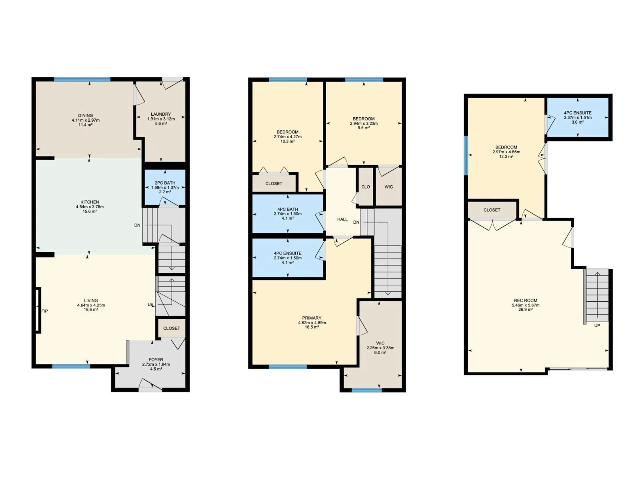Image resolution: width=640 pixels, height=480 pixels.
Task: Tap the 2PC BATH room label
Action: [165, 183]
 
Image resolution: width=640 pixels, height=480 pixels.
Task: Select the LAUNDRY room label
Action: [161, 114]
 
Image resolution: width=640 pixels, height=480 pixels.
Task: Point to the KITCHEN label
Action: [90, 202]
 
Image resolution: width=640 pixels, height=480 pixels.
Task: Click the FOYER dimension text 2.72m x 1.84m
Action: [156, 364]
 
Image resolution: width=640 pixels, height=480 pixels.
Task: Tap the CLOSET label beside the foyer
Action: [171, 328]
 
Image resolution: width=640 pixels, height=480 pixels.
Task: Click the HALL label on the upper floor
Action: [342, 219]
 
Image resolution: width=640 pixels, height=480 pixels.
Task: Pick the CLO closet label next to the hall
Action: [366, 187]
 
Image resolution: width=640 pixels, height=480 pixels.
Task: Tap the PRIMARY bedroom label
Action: [312, 318]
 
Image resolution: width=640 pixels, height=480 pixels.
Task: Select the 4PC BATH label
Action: [288, 209]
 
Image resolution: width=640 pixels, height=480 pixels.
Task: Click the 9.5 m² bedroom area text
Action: [364, 128]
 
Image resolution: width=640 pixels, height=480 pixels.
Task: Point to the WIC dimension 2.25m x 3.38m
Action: [380, 348]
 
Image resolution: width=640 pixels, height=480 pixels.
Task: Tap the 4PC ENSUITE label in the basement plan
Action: [577, 113]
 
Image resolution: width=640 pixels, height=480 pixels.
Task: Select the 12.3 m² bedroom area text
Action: [506, 156]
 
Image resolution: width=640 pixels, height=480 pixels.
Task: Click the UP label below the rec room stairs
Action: [597, 325]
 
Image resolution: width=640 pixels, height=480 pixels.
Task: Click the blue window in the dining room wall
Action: [82, 79]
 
